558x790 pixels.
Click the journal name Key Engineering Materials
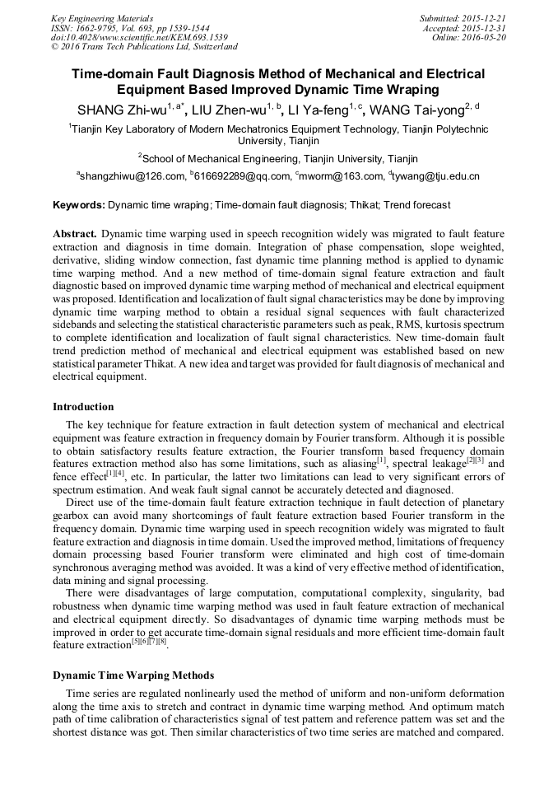pos(101,18)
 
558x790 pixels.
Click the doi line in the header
pos(139,37)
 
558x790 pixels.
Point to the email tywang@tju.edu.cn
pos(437,176)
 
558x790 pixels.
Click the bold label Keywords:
pos(79,204)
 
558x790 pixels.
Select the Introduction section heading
pos(83,406)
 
